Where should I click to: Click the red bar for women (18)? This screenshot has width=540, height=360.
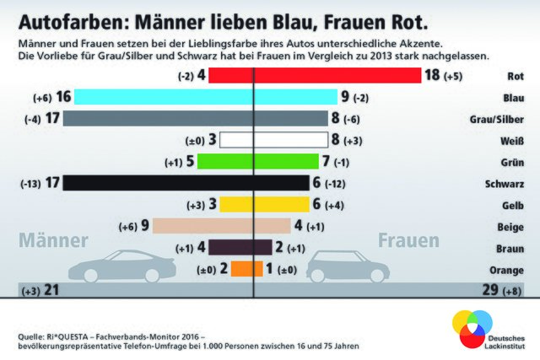click(x=337, y=75)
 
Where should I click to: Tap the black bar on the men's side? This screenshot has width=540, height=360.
click(x=159, y=181)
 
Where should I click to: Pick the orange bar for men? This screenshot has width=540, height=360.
click(x=242, y=268)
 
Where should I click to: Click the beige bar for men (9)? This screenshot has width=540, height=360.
click(x=206, y=225)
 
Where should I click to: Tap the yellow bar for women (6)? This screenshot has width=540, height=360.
click(x=282, y=203)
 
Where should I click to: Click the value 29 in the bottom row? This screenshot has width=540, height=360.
click(x=487, y=290)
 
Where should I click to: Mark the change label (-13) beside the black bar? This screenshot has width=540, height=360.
click(x=30, y=182)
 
